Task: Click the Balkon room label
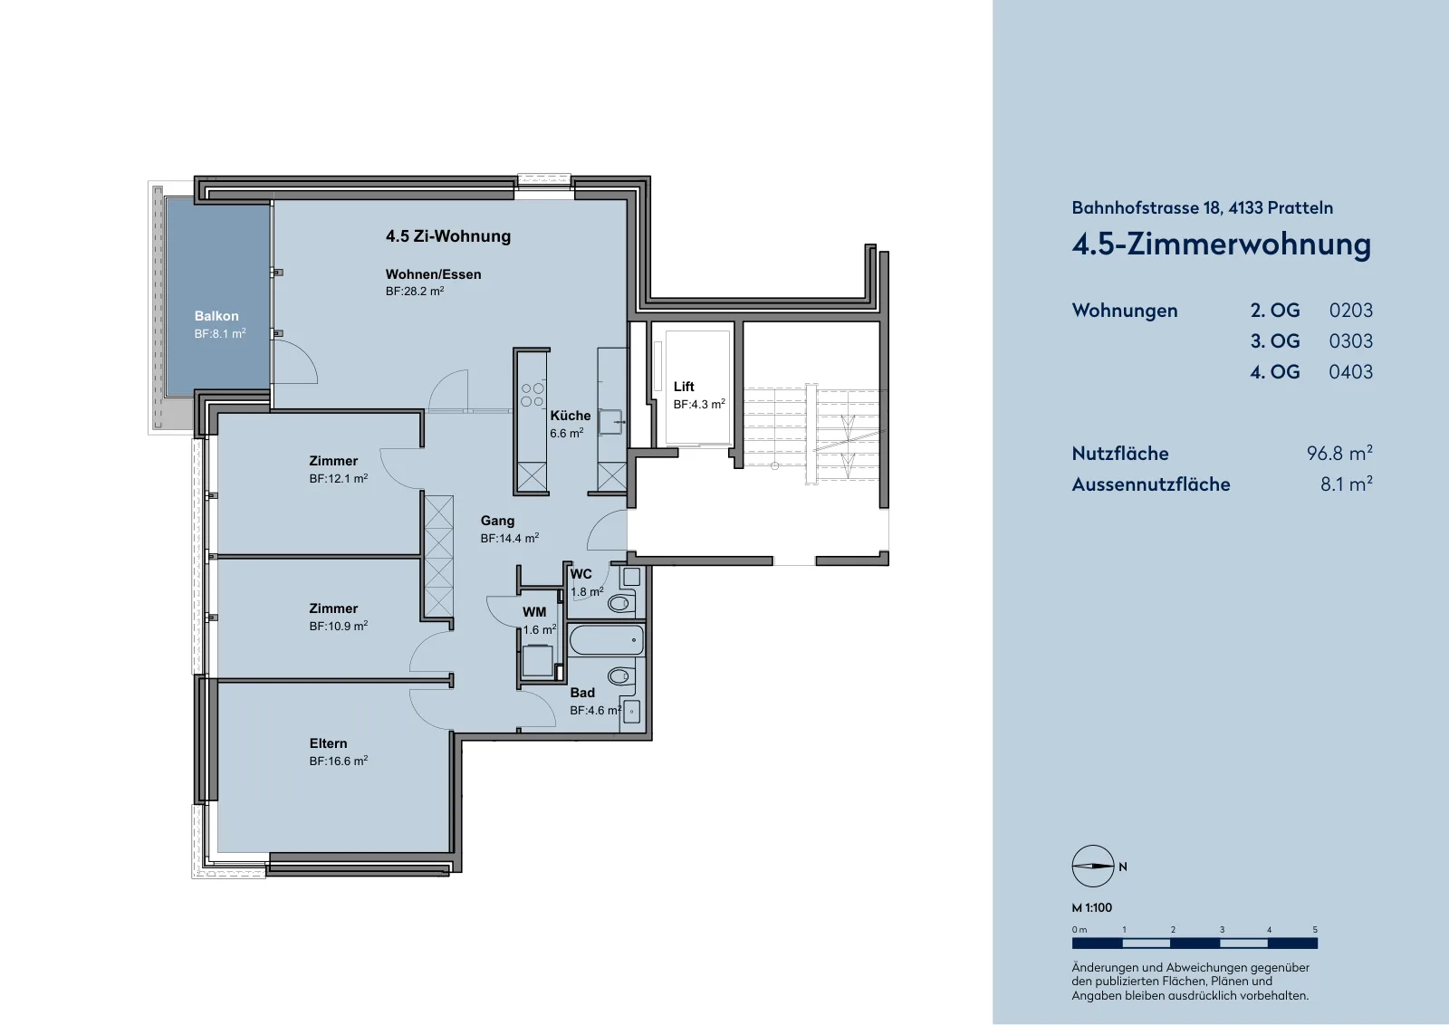[216, 316]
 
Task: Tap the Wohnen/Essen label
[434, 274]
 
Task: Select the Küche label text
[570, 416]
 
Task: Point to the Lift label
[684, 387]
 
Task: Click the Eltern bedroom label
[328, 743]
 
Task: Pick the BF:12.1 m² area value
[339, 479]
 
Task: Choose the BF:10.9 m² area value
[339, 626]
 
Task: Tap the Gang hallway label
[497, 521]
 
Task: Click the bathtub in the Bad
[607, 639]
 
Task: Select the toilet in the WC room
[619, 603]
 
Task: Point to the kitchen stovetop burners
[533, 395]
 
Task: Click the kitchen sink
[610, 422]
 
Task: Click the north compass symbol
[1092, 866]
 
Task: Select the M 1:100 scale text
[1092, 908]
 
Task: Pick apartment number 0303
[1350, 341]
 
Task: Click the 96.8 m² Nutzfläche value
[1339, 453]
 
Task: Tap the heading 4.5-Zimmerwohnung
[1222, 245]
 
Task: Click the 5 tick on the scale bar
[1315, 930]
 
